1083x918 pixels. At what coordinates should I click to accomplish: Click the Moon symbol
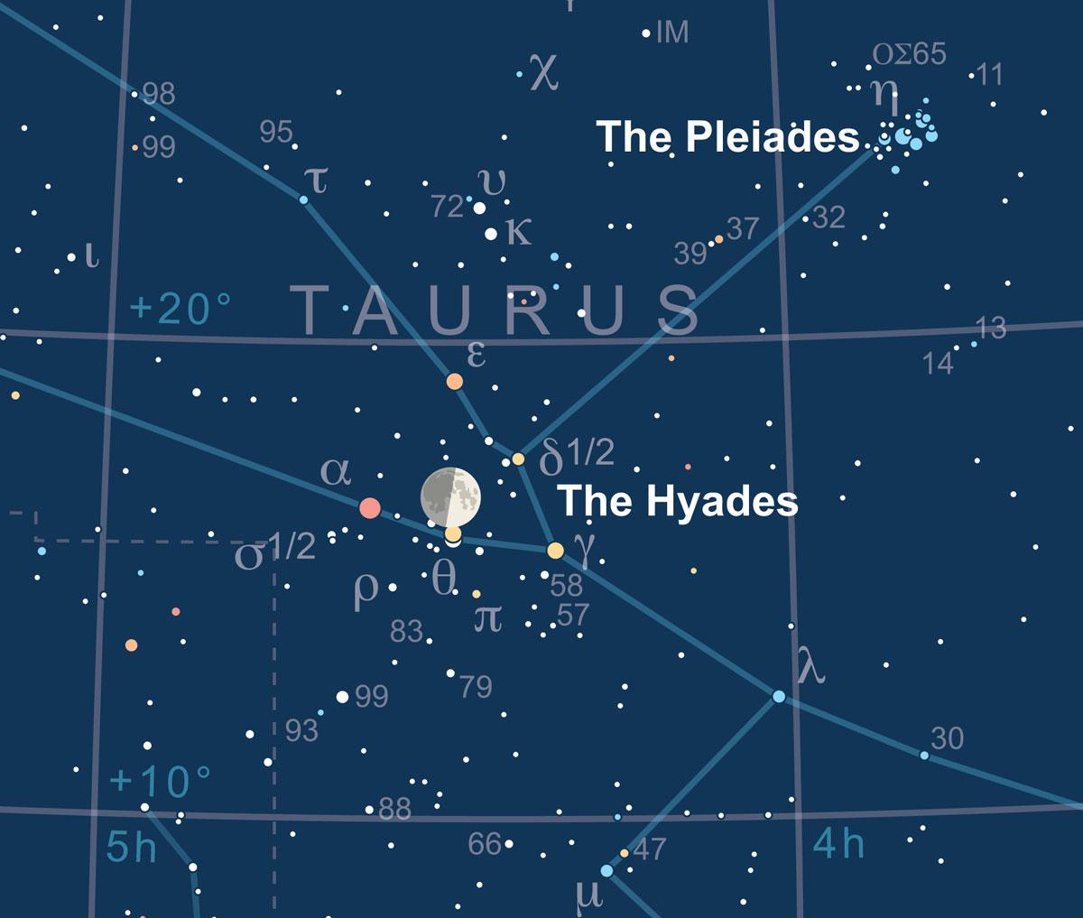[450, 496]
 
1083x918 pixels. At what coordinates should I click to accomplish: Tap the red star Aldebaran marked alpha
[369, 508]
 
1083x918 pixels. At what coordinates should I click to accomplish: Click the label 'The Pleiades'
[727, 137]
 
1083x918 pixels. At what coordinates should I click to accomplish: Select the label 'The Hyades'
[678, 501]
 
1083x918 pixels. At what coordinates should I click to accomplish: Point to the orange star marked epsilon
[455, 382]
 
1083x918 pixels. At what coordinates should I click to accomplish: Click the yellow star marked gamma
[555, 550]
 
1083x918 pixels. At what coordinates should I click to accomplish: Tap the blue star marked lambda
[779, 697]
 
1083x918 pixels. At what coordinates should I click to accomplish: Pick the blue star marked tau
[304, 199]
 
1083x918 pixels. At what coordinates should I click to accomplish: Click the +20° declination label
[180, 310]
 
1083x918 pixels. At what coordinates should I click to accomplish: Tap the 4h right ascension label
[838, 845]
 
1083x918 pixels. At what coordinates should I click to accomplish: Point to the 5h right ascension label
[131, 848]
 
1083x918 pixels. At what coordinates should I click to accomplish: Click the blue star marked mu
[606, 870]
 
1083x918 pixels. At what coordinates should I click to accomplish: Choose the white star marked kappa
[491, 234]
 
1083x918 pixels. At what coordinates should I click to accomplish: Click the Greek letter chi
[544, 71]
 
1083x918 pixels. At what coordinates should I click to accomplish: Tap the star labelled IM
[646, 34]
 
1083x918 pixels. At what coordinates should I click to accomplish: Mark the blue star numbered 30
[924, 755]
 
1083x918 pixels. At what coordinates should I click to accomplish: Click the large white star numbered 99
[342, 697]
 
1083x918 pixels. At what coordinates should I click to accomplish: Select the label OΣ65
[909, 55]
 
